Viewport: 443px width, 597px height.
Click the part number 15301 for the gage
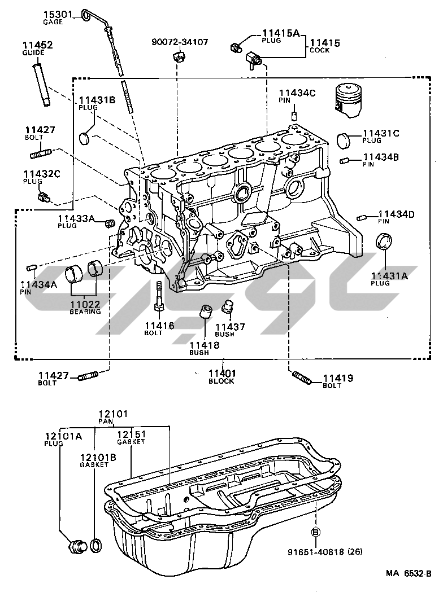pyautogui.click(x=58, y=15)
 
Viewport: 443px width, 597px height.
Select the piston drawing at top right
pyautogui.click(x=346, y=100)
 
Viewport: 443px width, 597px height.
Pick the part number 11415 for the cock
pyautogui.click(x=323, y=42)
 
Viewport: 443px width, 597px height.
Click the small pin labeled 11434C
pyautogui.click(x=294, y=116)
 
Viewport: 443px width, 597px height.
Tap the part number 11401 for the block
pyautogui.click(x=222, y=373)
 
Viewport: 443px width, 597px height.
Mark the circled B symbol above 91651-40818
pyautogui.click(x=316, y=532)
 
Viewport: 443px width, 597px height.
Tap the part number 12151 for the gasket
pyautogui.click(x=131, y=434)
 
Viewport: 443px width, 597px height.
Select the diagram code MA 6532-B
pyautogui.click(x=409, y=573)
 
